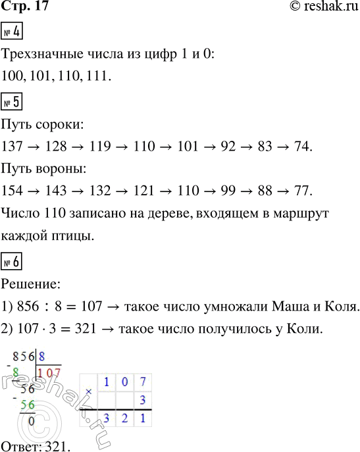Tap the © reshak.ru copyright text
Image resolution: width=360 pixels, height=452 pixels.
[x=321, y=7]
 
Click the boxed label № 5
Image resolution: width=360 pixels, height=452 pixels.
[x=13, y=105]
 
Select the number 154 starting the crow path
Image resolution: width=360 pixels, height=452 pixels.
[x=13, y=191]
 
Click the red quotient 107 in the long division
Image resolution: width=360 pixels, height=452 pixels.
[x=49, y=373]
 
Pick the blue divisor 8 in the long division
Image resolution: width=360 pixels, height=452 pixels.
[x=42, y=357]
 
